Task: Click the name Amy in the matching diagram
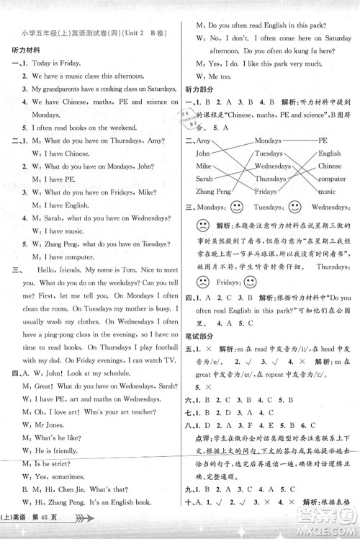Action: point(204,141)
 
